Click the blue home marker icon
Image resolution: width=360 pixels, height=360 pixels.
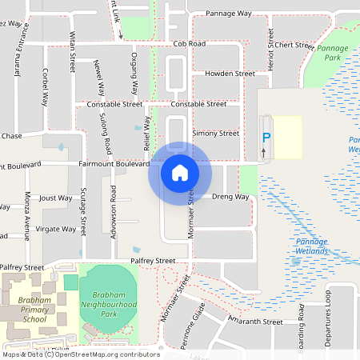179,172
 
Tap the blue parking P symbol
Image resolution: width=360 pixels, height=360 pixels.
266,138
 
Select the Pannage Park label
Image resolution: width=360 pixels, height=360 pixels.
332,53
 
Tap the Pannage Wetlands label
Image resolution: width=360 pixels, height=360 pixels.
312,246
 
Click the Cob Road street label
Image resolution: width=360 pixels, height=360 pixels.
189,44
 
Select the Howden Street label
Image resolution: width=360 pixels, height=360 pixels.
230,74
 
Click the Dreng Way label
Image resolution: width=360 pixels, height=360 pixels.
230,196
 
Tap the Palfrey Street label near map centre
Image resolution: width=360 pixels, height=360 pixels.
154,261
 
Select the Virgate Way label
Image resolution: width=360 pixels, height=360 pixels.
55,229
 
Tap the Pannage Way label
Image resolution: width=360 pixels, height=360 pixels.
229,14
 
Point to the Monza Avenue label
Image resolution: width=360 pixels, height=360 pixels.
26,220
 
